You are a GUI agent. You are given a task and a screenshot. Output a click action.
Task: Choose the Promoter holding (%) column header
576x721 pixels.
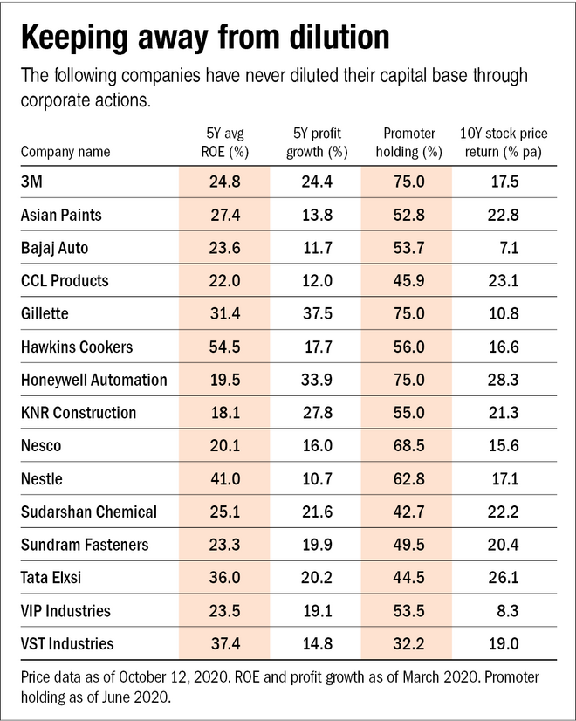pyautogui.click(x=406, y=142)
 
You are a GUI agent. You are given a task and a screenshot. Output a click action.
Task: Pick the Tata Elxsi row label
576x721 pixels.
pyautogui.click(x=53, y=578)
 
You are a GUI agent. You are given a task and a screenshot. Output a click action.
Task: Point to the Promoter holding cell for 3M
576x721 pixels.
pyautogui.click(x=406, y=182)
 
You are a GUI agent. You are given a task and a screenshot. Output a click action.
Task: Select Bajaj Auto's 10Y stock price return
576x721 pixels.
pyautogui.click(x=506, y=248)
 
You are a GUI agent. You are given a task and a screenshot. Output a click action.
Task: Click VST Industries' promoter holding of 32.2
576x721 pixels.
pyautogui.click(x=406, y=644)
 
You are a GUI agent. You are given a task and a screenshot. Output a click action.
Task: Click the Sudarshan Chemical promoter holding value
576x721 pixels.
pyautogui.click(x=406, y=512)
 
